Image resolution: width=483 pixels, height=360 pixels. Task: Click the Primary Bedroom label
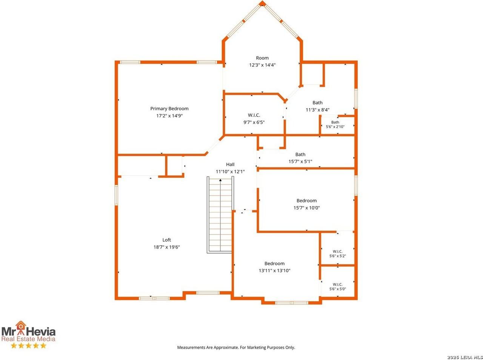click(169, 108)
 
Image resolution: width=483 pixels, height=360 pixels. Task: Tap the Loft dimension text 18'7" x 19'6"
click(166, 247)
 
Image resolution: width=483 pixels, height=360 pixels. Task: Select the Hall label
click(230, 165)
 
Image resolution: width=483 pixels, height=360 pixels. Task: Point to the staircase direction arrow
click(220, 180)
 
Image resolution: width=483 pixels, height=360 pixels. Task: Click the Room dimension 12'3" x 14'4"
click(262, 65)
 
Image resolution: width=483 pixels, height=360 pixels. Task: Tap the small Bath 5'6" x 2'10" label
click(335, 124)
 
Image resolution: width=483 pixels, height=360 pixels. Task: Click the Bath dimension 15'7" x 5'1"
click(300, 162)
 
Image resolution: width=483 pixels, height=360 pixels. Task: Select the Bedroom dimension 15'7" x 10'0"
click(306, 208)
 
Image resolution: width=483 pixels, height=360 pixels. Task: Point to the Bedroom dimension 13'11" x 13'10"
click(274, 271)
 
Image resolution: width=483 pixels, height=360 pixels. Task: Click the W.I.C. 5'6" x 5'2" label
click(338, 254)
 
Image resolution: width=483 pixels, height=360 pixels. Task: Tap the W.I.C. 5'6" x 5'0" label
click(338, 286)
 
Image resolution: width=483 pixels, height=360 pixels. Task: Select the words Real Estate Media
click(28, 339)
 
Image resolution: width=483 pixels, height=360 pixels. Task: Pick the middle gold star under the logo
click(28, 346)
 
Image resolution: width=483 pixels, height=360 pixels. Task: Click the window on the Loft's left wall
click(116, 195)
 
